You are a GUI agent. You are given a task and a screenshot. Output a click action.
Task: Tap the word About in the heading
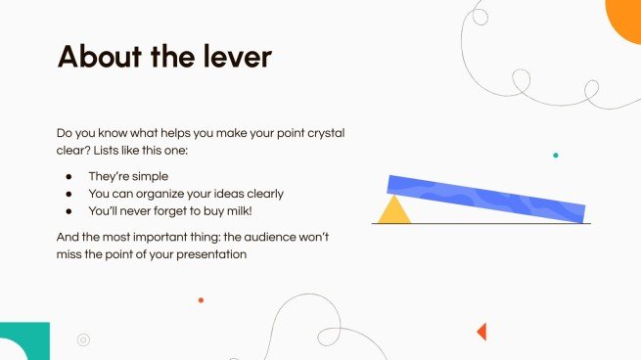96,56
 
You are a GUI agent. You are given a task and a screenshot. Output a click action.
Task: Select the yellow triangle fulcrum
394,211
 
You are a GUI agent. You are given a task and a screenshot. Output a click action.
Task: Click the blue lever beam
486,198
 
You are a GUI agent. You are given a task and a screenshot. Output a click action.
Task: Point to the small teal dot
556,155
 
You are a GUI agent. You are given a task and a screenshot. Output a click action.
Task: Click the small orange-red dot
201,300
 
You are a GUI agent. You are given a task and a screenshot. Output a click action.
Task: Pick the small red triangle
481,332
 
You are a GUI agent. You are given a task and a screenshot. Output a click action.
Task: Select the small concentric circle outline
83,340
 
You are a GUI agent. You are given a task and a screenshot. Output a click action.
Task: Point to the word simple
149,177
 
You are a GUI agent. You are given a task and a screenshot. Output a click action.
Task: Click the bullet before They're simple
69,177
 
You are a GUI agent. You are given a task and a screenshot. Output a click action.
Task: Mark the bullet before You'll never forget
69,210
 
